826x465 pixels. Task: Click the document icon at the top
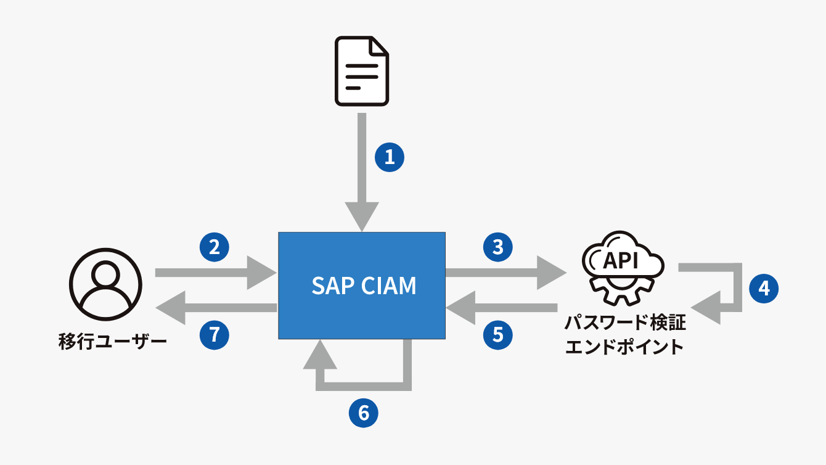point(362,71)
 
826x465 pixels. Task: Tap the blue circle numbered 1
point(390,157)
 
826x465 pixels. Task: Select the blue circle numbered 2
point(215,247)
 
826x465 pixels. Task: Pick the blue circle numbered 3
point(498,247)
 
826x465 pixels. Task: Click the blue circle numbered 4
point(764,289)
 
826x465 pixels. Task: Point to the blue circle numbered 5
point(498,335)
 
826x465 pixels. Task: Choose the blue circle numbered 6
point(364,413)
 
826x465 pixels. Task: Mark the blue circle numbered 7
point(215,335)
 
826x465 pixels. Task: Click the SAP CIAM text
point(364,286)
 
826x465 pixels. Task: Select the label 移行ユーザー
point(112,342)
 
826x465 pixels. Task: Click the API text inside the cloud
point(621,260)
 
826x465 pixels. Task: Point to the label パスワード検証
point(626,323)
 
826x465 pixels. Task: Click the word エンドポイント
point(624,347)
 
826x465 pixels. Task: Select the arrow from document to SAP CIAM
point(362,172)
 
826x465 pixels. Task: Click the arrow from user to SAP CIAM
point(216,273)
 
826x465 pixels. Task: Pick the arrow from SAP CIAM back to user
point(216,308)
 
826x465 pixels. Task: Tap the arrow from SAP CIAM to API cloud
point(506,273)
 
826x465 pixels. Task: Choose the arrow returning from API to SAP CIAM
point(502,308)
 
